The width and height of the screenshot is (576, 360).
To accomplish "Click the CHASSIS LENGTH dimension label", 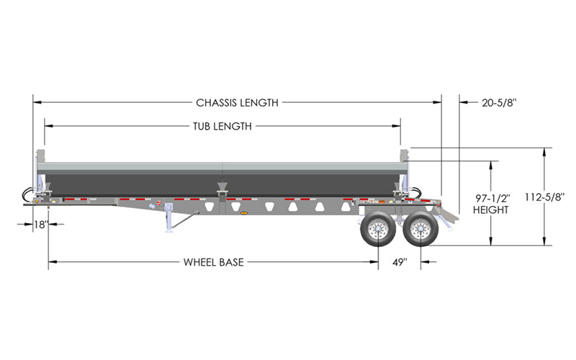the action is pyautogui.click(x=237, y=102).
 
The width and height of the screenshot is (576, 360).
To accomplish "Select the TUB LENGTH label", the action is pyautogui.click(x=222, y=127).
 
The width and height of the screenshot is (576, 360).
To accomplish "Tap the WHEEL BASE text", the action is pyautogui.click(x=213, y=262).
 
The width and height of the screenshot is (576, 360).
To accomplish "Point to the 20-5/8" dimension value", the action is pyautogui.click(x=499, y=103).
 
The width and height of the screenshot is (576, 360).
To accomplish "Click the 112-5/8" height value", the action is pyautogui.click(x=544, y=197).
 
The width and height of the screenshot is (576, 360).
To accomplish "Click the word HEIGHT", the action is pyautogui.click(x=491, y=210).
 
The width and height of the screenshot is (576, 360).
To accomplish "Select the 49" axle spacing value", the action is pyautogui.click(x=400, y=262).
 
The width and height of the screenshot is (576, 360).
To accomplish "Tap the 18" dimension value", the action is pyautogui.click(x=42, y=224).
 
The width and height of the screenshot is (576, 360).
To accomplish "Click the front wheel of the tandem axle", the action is pyautogui.click(x=378, y=229).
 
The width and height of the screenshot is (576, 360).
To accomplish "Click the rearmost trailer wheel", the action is pyautogui.click(x=420, y=229).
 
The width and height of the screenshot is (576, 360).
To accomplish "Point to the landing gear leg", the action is pyautogui.click(x=170, y=218).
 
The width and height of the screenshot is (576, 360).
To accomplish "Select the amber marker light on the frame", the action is pyautogui.click(x=243, y=212).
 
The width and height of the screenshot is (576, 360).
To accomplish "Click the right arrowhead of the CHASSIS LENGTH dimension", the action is pyautogui.click(x=437, y=102).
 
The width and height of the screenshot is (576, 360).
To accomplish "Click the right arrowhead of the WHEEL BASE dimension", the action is pyautogui.click(x=374, y=262).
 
